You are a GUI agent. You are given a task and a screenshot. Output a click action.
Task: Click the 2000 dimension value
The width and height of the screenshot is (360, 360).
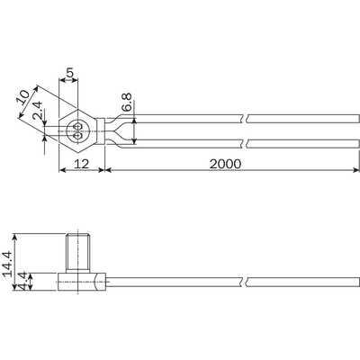[x=225, y=164]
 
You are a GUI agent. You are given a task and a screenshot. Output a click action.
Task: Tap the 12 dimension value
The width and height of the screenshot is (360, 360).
[x=81, y=164]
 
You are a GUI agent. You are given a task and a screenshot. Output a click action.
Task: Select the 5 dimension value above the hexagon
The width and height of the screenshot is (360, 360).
[x=69, y=73]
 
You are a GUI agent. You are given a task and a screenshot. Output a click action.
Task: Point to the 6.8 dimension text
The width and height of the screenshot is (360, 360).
[x=127, y=102]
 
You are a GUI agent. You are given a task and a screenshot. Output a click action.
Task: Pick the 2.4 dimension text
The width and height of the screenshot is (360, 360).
[x=38, y=111]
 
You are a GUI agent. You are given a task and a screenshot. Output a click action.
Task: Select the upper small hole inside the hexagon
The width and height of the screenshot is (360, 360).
[x=78, y=127]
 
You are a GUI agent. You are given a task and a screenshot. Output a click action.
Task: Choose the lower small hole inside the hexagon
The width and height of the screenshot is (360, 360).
[x=78, y=136]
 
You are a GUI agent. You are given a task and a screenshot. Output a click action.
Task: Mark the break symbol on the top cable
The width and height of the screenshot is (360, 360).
[x=245, y=119]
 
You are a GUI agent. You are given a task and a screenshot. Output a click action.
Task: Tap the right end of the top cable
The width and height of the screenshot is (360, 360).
[x=359, y=119]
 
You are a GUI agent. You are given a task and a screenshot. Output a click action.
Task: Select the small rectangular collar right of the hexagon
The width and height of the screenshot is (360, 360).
[x=101, y=131]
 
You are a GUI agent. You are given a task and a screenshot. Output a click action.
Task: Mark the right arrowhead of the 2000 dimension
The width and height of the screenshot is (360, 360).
[x=356, y=170]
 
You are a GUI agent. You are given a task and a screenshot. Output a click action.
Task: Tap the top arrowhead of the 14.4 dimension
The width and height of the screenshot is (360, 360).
[x=15, y=237]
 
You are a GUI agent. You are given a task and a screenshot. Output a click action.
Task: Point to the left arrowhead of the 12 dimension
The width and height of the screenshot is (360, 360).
[x=62, y=170]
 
